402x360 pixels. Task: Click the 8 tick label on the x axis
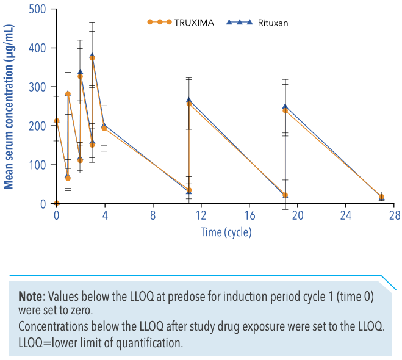pyautogui.click(x=153, y=215)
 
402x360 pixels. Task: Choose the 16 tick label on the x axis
pyautogui.click(x=249, y=215)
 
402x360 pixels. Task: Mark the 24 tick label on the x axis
pyautogui.click(x=345, y=215)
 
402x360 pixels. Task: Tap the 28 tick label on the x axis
pyautogui.click(x=394, y=215)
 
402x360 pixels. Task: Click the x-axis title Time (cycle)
pyautogui.click(x=226, y=232)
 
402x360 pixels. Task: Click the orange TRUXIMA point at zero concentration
pyautogui.click(x=57, y=203)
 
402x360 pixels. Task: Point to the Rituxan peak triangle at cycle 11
pyautogui.click(x=189, y=99)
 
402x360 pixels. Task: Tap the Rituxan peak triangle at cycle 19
pyautogui.click(x=285, y=106)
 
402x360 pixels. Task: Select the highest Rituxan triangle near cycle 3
pyautogui.click(x=92, y=56)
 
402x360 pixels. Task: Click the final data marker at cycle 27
pyautogui.click(x=382, y=198)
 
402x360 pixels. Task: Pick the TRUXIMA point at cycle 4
pyautogui.click(x=104, y=128)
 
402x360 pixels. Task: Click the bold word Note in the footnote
pyautogui.click(x=31, y=297)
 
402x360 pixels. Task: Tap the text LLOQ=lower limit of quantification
pyautogui.click(x=101, y=342)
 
